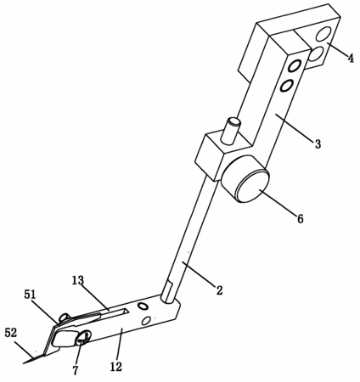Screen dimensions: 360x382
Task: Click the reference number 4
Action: click(351, 59)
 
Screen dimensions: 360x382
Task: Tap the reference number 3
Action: click(318, 144)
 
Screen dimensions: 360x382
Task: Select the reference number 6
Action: click(300, 219)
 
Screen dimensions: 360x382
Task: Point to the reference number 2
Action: click(219, 290)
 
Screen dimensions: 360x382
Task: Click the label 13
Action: click(78, 280)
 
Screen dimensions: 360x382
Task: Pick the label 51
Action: click(31, 295)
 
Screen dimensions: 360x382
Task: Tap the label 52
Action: click(11, 333)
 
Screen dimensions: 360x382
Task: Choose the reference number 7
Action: click(76, 370)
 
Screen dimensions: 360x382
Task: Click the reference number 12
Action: click(116, 367)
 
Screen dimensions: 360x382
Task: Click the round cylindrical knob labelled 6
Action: click(245, 179)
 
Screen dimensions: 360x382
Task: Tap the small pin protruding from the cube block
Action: click(231, 131)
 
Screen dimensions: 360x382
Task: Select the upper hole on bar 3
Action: click(294, 66)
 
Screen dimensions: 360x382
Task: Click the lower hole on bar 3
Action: click(286, 85)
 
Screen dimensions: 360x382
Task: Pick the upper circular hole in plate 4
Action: click(323, 35)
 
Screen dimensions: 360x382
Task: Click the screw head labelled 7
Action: click(82, 338)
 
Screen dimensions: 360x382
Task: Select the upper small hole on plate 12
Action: click(142, 306)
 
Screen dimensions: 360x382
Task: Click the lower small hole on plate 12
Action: click(146, 321)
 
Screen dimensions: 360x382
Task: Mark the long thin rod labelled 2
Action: click(190, 241)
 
